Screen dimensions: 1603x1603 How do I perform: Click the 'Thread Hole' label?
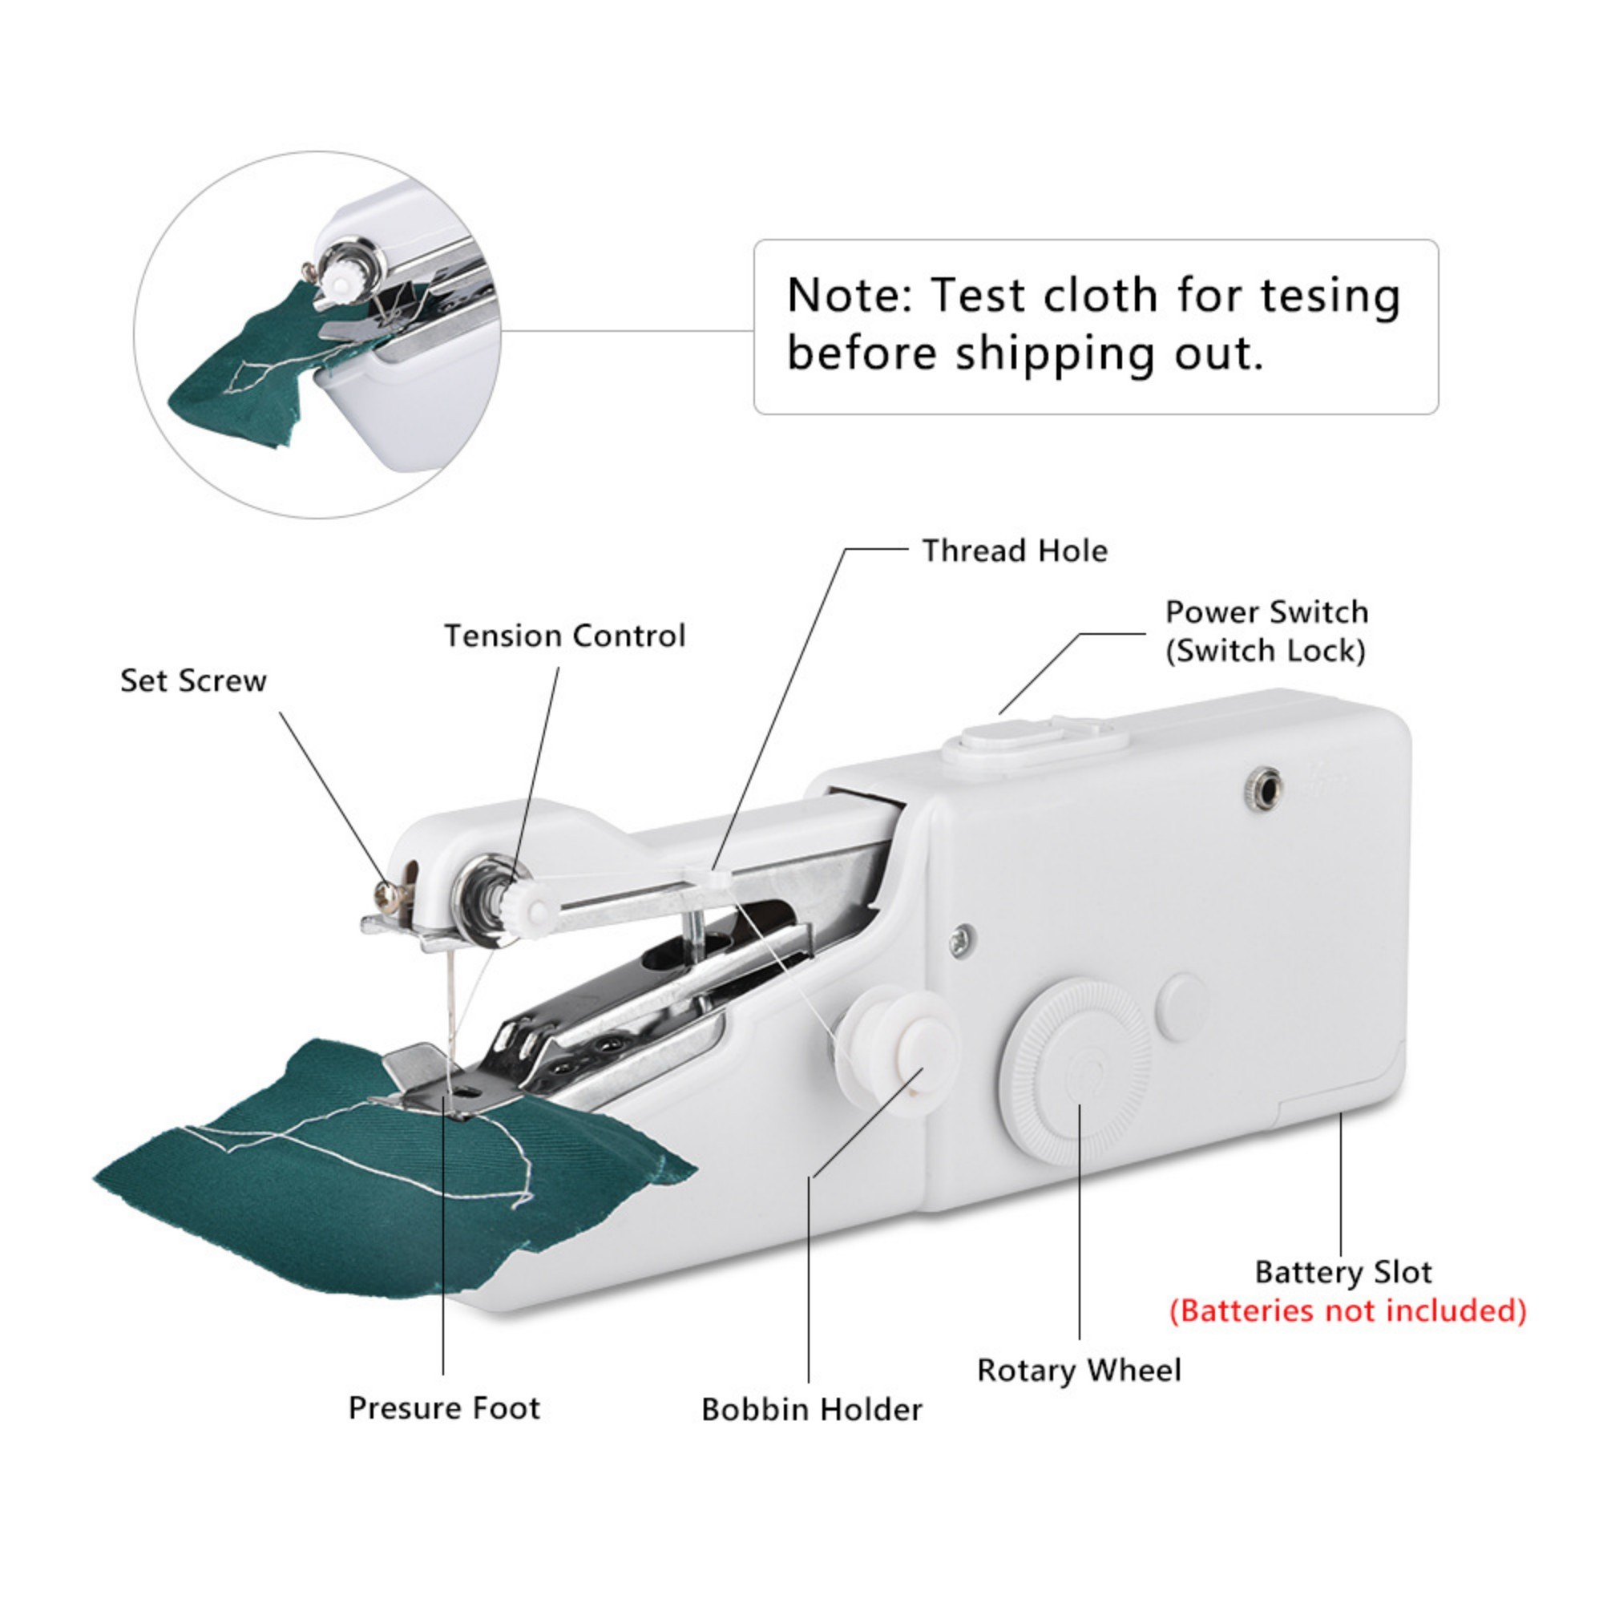click(1015, 551)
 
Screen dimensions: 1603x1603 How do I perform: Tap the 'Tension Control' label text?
click(565, 636)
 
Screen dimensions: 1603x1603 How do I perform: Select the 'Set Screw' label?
click(193, 681)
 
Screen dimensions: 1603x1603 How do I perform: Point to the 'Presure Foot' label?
click(444, 1408)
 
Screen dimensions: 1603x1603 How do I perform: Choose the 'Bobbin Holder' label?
click(811, 1410)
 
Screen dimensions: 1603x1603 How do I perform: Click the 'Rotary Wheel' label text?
click(1079, 1370)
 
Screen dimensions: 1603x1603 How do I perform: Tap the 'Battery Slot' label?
click(1343, 1272)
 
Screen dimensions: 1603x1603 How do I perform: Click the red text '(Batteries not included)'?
click(1348, 1311)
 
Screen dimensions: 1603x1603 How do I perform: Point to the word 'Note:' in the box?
click(848, 296)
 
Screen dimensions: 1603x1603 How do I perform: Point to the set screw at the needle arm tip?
click(386, 893)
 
